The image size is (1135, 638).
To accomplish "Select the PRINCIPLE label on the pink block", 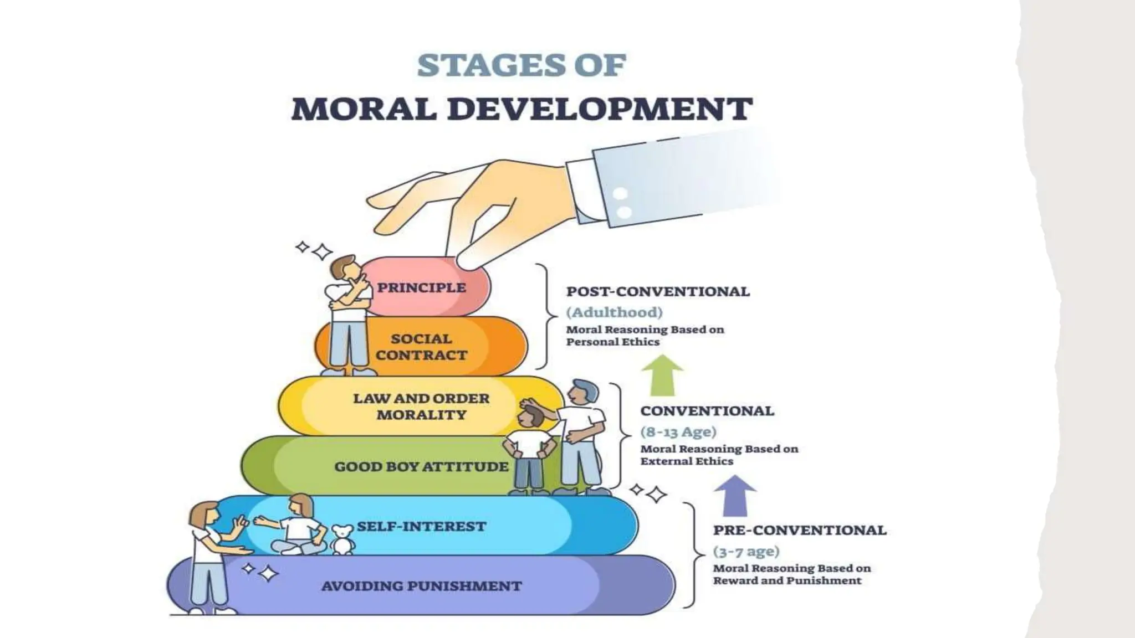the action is (x=421, y=287).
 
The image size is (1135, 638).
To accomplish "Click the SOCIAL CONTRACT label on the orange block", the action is (x=421, y=347).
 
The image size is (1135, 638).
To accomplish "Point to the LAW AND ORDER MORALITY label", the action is (x=421, y=406).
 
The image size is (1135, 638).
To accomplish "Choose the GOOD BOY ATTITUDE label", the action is (x=421, y=466).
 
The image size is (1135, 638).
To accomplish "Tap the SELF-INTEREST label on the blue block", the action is (x=421, y=526).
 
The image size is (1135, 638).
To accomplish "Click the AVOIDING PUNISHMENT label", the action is (x=421, y=585).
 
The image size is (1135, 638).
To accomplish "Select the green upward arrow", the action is (x=662, y=375).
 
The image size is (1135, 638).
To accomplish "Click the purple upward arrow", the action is (x=735, y=495).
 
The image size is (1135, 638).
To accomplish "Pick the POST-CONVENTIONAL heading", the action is (x=658, y=291).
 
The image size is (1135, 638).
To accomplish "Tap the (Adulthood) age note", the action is (x=614, y=312).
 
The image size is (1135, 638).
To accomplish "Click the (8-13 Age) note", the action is (x=678, y=431).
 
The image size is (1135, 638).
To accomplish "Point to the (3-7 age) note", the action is (x=746, y=551).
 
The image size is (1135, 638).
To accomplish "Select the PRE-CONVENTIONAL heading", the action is (x=800, y=530).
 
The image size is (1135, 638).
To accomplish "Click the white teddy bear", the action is (x=343, y=539).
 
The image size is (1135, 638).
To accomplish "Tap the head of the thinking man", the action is (x=345, y=270).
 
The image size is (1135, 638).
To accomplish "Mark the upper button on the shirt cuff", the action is (x=620, y=194).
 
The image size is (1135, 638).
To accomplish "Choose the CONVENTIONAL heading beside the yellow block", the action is (x=707, y=411).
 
